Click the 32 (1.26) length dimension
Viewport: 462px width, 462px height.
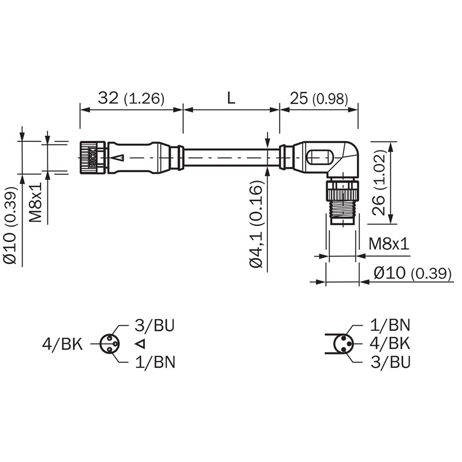131,98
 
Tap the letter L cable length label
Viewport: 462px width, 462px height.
232,98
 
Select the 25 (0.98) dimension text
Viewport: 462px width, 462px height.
319,98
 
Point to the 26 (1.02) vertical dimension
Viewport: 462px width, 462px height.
379,182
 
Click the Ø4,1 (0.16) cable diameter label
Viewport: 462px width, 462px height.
256,224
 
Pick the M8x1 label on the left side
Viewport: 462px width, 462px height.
35,202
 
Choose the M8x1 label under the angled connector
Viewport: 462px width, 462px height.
389,244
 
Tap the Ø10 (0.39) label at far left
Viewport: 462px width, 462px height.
10,225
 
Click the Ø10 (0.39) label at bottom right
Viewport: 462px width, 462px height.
412,273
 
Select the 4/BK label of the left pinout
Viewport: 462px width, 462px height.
62,344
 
